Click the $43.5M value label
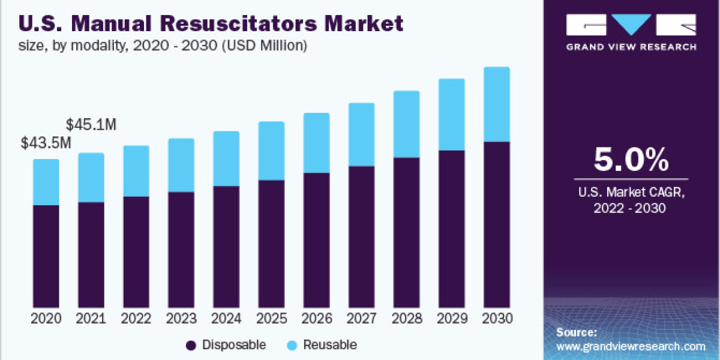[46, 143]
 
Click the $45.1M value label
[91, 125]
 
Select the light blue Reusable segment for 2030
[496, 104]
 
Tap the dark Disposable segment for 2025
[271, 243]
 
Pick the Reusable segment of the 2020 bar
[46, 182]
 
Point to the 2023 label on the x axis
[181, 319]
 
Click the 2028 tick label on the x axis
[406, 319]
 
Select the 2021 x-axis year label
[91, 319]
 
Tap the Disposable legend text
[234, 344]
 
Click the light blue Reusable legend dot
[292, 345]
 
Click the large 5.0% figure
[631, 160]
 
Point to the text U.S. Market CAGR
[631, 193]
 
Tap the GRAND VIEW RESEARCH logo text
[631, 47]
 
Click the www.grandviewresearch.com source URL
[631, 346]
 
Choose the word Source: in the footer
[577, 332]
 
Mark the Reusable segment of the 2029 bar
[451, 115]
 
